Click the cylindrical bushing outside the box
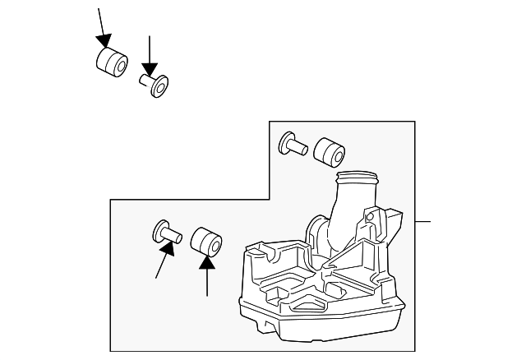tap(110, 62)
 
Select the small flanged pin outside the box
tap(154, 85)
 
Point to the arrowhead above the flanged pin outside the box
tap(150, 70)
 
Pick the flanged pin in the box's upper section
tap(293, 145)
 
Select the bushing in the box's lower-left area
tap(206, 242)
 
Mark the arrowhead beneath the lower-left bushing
tap(207, 261)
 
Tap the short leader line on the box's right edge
tap(422, 222)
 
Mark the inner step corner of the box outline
tap(270, 198)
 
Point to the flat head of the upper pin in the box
tap(288, 142)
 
